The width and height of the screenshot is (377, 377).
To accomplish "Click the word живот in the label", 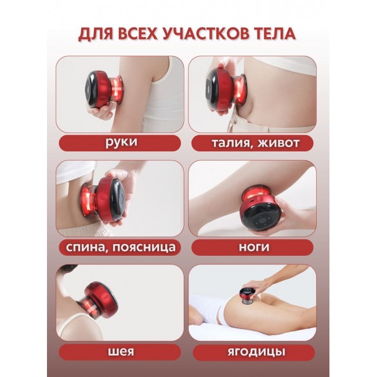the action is click(278, 143).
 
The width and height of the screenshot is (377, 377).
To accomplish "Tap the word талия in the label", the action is click(231, 143).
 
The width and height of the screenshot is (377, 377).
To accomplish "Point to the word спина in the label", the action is click(85, 247).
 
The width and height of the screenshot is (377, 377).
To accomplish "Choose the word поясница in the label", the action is click(144, 248).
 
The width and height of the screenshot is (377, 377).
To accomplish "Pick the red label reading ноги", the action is click(252, 248).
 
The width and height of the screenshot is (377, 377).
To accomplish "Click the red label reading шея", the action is click(120, 352).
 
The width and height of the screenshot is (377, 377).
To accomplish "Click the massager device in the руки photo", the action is click(104, 89).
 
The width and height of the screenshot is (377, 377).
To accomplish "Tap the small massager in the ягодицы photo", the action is click(247, 295).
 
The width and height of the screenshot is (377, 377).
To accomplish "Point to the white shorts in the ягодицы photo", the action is click(219, 310).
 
